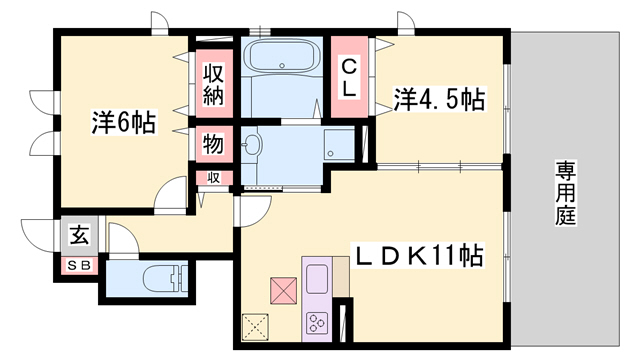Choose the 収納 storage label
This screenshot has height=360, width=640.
(214, 87)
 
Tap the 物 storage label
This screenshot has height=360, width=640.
(214, 142)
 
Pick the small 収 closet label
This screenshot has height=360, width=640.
(214, 177)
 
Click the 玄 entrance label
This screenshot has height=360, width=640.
(78, 237)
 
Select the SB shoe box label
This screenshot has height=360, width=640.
(77, 265)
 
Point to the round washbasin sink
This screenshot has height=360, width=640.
(250, 146)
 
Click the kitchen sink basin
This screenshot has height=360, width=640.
(319, 276)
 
